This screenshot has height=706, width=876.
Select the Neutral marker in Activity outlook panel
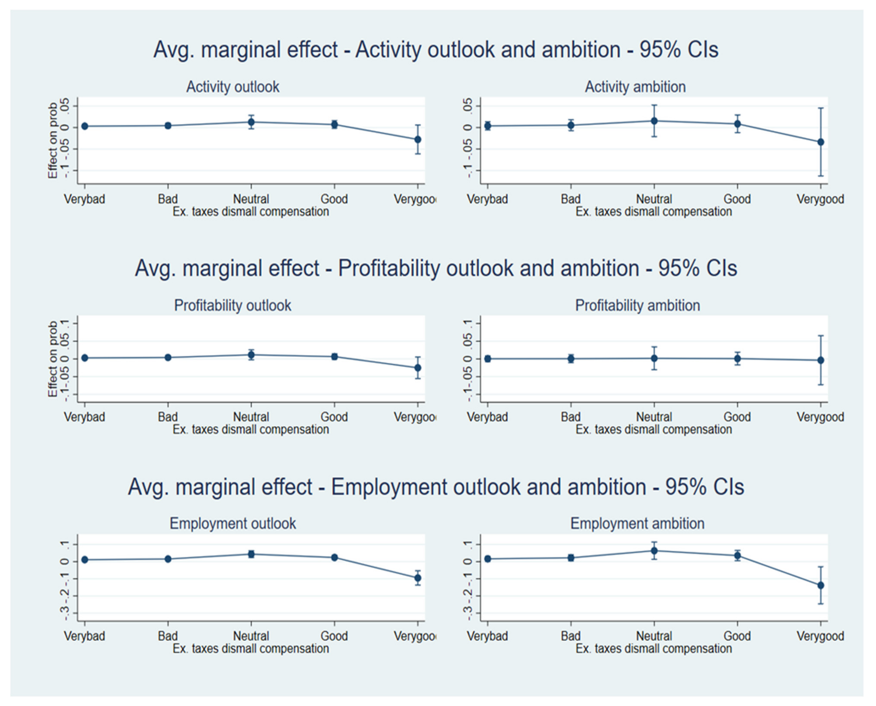pos(251,122)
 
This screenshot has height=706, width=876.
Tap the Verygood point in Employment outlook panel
pos(417,578)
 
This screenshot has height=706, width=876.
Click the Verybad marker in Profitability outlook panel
pos(85,358)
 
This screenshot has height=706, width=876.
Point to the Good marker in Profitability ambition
pos(737,359)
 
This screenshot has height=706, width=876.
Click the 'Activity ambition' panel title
pos(635,87)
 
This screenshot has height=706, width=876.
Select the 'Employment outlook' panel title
pos(232,523)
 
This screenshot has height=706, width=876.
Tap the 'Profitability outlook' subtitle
pos(232,305)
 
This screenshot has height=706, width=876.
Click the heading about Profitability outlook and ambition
pos(436,268)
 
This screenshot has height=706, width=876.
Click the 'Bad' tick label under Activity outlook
pos(167,199)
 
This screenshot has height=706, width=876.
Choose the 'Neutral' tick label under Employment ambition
pos(654,636)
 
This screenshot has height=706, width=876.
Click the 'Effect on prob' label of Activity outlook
pos(53,140)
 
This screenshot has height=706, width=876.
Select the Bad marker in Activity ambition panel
pos(571,125)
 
